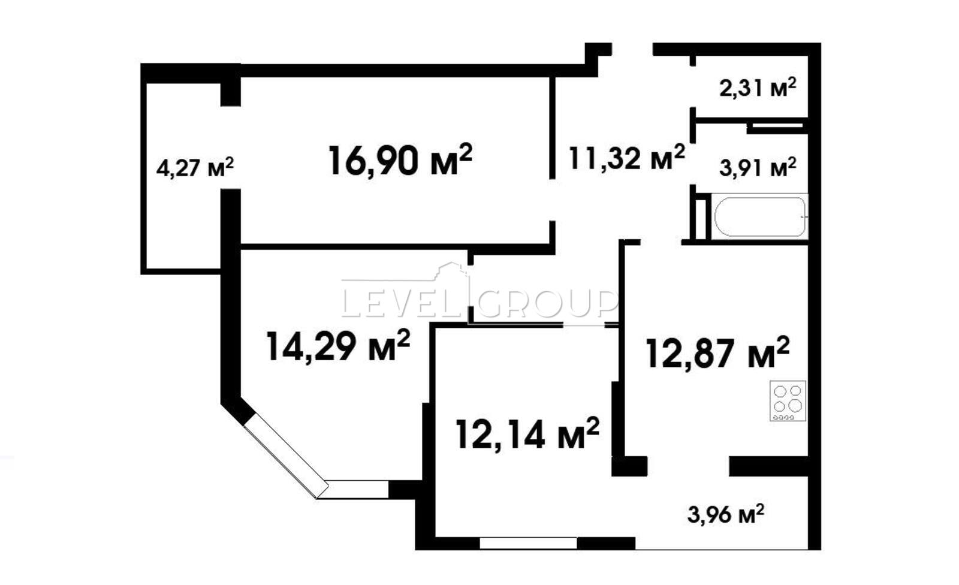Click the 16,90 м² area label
[x=400, y=160]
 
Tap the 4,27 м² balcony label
[x=195, y=167]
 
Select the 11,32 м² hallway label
[x=627, y=158]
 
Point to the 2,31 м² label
[x=758, y=88]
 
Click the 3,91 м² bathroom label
[x=758, y=167]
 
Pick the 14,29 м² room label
[x=338, y=346]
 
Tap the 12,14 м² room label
[x=527, y=433]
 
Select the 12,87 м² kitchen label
[x=717, y=353]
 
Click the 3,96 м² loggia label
[x=726, y=514]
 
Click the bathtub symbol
[x=760, y=216]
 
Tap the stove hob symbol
[x=788, y=401]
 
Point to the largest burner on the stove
[x=795, y=405]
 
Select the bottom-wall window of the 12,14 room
[x=528, y=543]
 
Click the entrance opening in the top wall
[x=632, y=49]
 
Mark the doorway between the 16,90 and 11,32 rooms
[x=553, y=200]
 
